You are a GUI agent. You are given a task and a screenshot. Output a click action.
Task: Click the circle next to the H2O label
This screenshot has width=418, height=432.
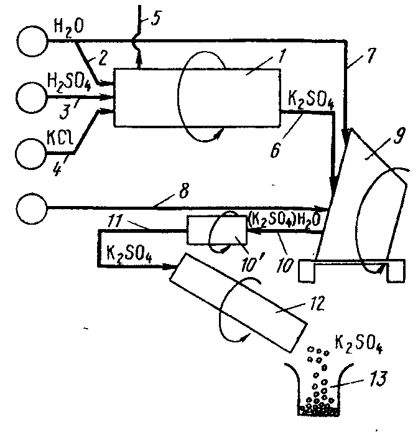point(32,41)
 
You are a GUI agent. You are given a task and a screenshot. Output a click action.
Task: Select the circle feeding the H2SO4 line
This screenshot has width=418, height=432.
point(31,97)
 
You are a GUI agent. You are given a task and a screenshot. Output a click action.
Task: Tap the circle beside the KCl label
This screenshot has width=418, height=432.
point(31,154)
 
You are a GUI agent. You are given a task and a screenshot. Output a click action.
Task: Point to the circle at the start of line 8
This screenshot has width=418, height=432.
point(32,209)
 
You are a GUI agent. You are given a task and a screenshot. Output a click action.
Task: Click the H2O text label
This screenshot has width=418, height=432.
point(69,29)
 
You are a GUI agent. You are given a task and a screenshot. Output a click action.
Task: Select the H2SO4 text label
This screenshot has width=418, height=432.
point(69,82)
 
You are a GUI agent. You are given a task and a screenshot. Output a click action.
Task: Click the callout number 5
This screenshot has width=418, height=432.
point(156,19)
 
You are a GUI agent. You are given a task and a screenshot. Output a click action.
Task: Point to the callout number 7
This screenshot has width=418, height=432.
point(369,55)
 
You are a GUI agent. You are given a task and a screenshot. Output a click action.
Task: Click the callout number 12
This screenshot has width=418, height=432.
point(317,303)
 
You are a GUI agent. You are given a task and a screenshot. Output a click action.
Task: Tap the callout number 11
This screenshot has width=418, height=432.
point(115,221)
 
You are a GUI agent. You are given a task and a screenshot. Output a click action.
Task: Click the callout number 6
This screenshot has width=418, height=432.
point(276,151)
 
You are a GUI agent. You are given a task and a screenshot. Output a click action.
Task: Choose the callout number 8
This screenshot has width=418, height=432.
point(184,190)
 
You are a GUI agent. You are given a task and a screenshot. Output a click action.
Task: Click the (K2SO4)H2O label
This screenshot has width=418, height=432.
point(284,220)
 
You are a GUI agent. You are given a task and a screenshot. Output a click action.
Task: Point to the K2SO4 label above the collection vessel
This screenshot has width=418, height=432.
point(358,344)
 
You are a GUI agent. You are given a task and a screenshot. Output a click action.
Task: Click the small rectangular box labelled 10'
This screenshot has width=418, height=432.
point(216,230)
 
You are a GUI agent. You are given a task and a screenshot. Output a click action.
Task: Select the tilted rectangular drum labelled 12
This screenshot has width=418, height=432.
point(238,303)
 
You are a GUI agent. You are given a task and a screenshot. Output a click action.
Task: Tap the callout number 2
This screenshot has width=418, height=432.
point(102,58)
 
